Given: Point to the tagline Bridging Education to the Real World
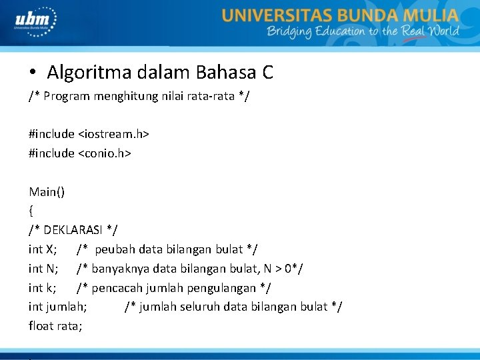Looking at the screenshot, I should point(363,31).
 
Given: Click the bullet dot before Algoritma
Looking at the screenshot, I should point(32,72).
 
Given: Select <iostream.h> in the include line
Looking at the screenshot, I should point(113,134).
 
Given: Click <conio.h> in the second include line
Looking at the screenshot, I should point(105,153).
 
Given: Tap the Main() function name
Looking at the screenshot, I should point(47,192).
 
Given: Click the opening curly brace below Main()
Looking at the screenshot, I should point(31,211).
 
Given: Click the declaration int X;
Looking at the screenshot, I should point(43,249).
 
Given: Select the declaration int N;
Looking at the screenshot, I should point(43,269).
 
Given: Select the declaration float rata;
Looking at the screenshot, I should point(55,326).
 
